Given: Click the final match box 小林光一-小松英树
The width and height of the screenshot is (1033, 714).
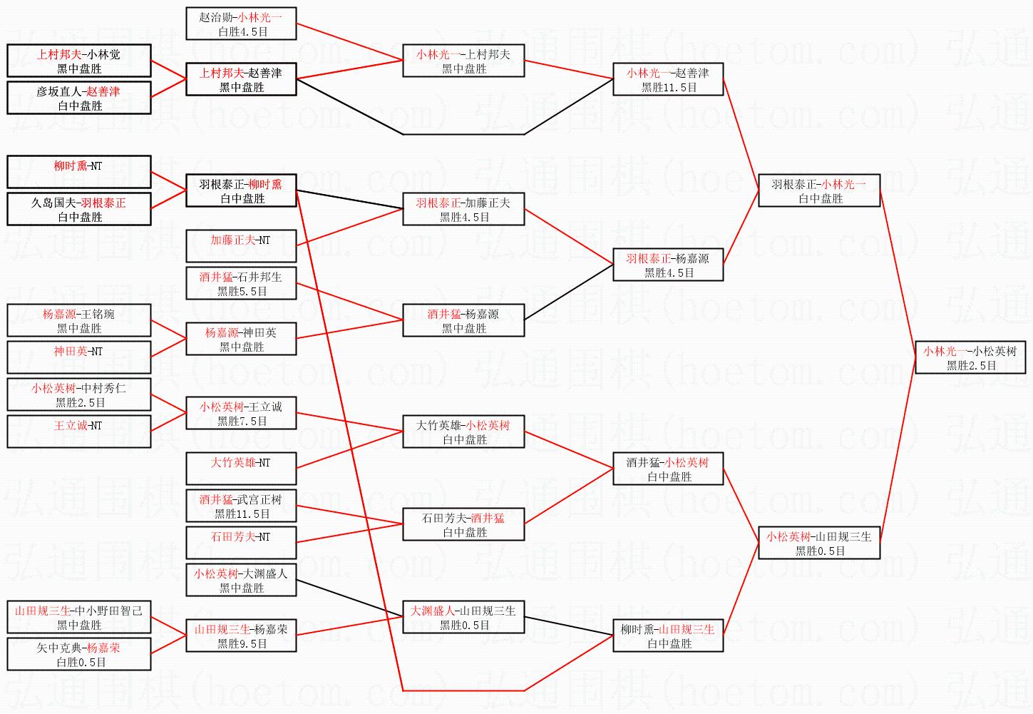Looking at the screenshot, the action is (970, 357).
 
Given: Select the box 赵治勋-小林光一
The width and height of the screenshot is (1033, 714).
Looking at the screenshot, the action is (241, 24).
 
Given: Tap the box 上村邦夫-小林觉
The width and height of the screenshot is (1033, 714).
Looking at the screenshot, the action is (79, 61).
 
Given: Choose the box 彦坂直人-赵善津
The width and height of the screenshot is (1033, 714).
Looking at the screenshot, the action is (79, 98).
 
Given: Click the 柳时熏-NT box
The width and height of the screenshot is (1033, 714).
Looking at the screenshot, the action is (79, 172).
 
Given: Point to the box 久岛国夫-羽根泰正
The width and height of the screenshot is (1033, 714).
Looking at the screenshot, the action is (79, 209).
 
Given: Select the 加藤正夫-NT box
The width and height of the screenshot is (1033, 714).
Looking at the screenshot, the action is (241, 246).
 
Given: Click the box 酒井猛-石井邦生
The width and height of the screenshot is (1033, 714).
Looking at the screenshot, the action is (241, 283).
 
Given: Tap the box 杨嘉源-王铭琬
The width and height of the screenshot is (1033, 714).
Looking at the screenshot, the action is (79, 320).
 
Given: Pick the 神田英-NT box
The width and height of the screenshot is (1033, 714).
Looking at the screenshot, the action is (79, 357).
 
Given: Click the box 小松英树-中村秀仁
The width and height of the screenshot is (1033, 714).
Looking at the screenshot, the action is (79, 394).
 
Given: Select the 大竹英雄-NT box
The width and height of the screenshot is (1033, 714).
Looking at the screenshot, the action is (241, 469).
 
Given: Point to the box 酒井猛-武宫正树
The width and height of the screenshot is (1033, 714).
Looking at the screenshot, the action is (241, 506).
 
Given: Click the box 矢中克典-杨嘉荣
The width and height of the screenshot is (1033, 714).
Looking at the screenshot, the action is (79, 654).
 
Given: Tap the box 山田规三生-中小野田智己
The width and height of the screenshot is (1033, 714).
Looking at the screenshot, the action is (79, 617).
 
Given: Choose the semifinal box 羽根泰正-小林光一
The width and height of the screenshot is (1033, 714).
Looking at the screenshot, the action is (819, 190).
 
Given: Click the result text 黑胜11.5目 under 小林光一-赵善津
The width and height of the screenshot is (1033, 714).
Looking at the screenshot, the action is (669, 87).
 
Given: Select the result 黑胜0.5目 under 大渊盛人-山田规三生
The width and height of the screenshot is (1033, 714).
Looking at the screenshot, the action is (464, 625).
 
